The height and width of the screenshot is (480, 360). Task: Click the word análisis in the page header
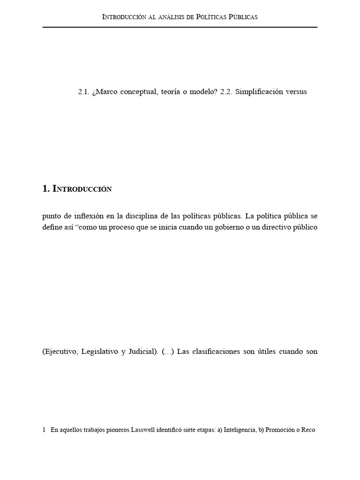(185, 17)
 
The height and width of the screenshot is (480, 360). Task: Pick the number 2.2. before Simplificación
(226, 92)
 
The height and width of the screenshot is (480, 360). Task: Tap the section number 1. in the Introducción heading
(45, 189)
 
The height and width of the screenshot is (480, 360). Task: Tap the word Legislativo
(98, 352)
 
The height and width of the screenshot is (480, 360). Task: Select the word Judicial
(141, 352)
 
